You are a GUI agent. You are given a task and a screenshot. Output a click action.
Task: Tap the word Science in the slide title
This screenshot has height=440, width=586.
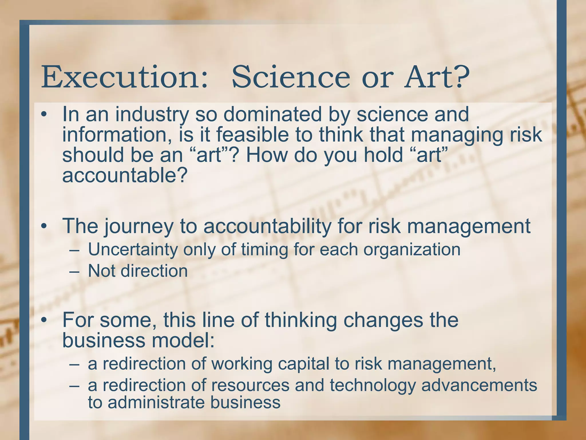291,77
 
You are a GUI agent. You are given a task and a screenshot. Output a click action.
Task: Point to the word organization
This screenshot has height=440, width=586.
412,250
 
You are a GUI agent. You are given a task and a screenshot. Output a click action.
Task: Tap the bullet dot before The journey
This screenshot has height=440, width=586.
43,226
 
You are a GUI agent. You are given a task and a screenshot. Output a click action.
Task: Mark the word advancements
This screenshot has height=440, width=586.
479,385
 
